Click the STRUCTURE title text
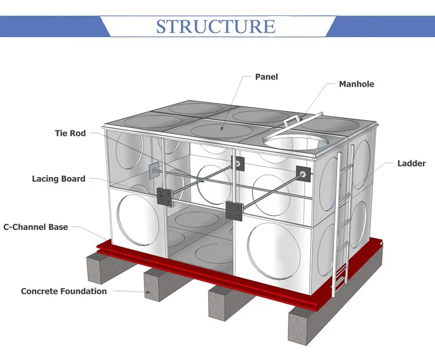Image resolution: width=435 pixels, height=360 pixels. coord(216,26)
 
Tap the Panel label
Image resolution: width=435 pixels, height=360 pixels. coord(267,77)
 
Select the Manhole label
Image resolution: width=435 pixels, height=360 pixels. coord(356,84)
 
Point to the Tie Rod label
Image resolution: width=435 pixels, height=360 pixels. coord(70,134)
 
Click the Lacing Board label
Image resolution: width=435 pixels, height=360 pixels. coord(59,179)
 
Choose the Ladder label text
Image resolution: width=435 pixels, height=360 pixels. coord(411,164)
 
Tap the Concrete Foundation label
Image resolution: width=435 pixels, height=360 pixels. coord(64,291)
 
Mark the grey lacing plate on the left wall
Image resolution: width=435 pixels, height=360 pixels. coord(153,171)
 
